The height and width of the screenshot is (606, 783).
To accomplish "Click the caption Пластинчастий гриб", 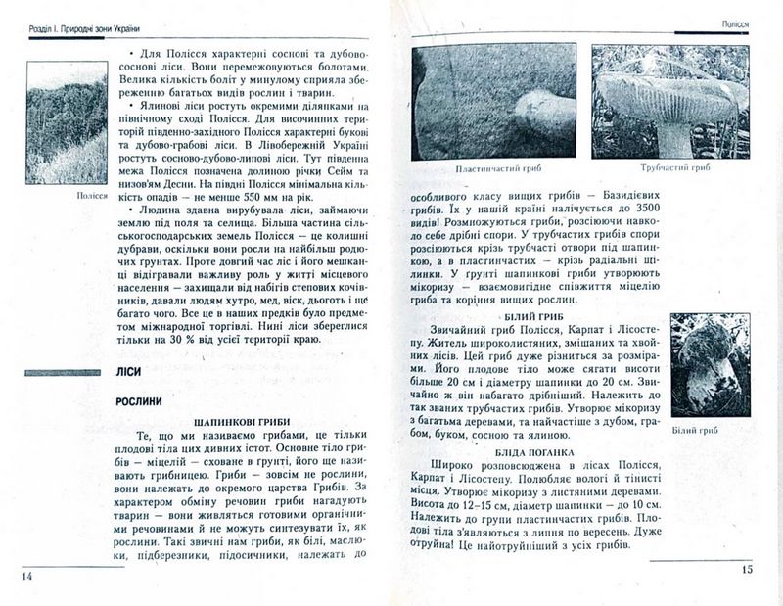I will (x=495, y=168).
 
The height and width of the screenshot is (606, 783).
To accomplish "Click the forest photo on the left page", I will (x=66, y=122).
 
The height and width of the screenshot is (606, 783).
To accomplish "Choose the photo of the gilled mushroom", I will (x=494, y=102).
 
